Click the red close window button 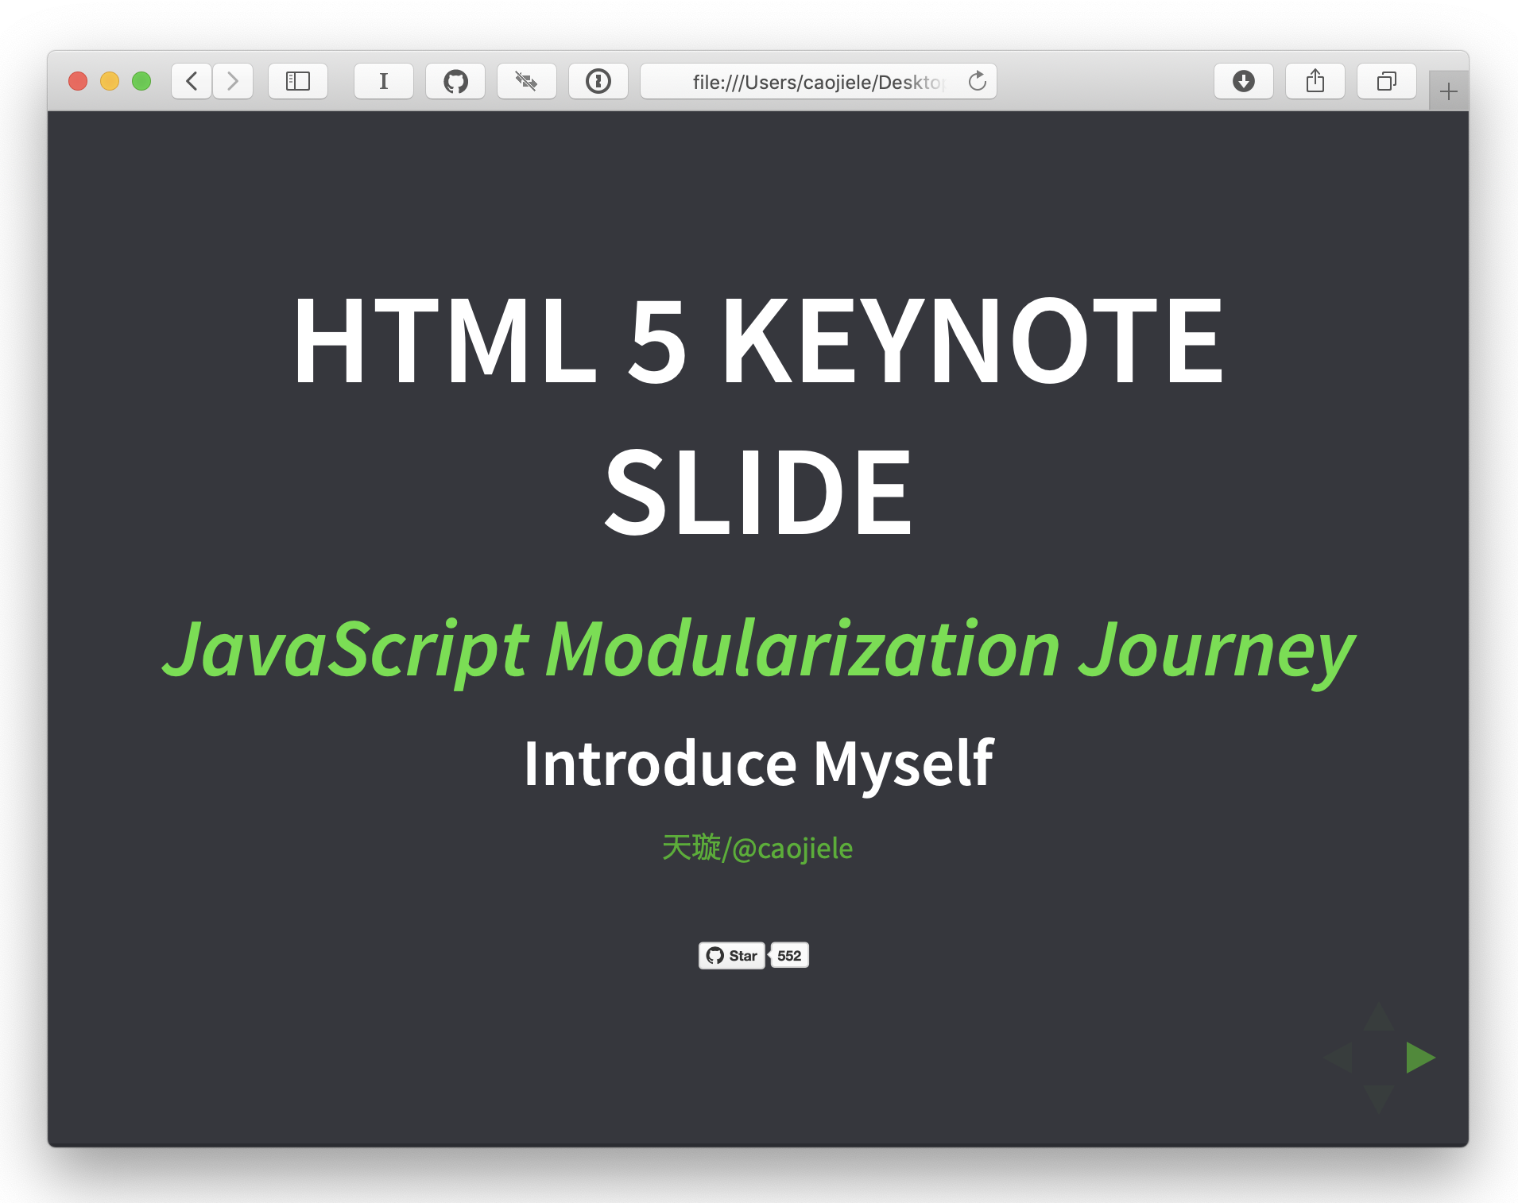click(78, 81)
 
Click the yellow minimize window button click(110, 81)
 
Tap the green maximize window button click(141, 81)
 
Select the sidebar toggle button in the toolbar click(298, 81)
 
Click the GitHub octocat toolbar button click(455, 81)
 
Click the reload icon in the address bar click(978, 81)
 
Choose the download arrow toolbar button click(1244, 81)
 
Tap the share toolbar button click(1315, 81)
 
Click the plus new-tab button click(1449, 91)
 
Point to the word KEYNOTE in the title click(971, 340)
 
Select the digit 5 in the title click(657, 340)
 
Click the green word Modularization click(803, 650)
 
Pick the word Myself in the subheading click(903, 764)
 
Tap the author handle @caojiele click(792, 849)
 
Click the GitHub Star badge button click(732, 955)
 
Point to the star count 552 click(789, 955)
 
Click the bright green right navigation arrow click(1420, 1058)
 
